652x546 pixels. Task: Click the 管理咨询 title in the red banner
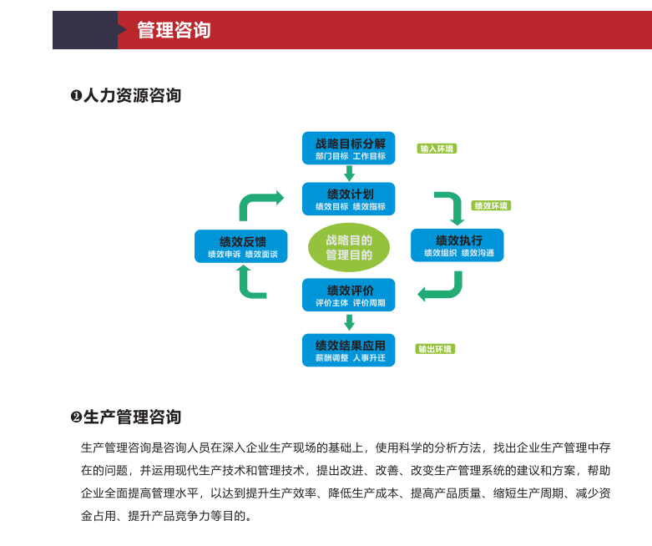(174, 30)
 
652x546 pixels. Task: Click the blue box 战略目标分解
(348, 148)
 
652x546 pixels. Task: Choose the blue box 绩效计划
(348, 199)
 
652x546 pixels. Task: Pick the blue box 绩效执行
(457, 245)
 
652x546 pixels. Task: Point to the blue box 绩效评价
(348, 295)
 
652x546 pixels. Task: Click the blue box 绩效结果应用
(348, 350)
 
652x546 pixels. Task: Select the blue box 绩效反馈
(240, 246)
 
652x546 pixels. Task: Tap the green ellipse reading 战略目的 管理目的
(349, 247)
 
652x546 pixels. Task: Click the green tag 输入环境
(437, 149)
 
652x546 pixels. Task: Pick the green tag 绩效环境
(491, 205)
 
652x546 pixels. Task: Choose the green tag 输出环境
(435, 349)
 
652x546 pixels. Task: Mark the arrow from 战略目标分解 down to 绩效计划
(349, 174)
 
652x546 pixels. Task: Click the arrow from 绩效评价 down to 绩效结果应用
(349, 322)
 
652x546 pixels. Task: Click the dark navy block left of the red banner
(85, 30)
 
